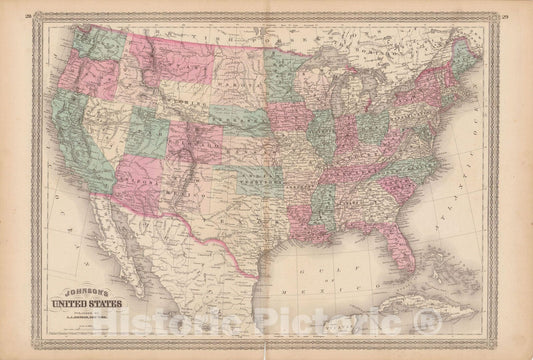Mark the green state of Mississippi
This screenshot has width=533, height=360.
(x=322, y=205)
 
